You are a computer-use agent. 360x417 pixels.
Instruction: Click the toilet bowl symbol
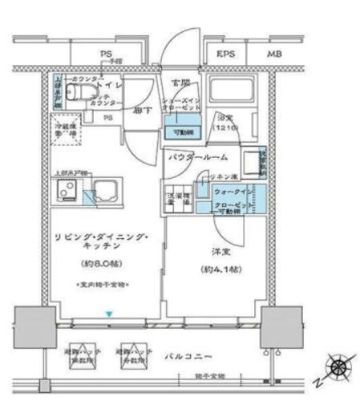[77, 94]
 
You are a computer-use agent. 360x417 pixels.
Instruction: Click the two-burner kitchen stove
[67, 192]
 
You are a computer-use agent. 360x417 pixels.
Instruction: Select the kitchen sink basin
[105, 192]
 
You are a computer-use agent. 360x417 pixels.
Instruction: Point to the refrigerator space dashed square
[66, 132]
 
